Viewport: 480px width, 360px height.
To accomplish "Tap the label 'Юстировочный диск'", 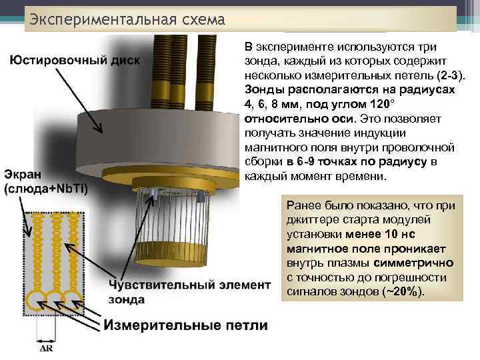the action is [75, 61].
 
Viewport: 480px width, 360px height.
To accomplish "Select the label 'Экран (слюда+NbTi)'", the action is [46, 181].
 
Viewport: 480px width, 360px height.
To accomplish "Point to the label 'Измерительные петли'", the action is [185, 325].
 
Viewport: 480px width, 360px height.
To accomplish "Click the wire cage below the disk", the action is [175, 227].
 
